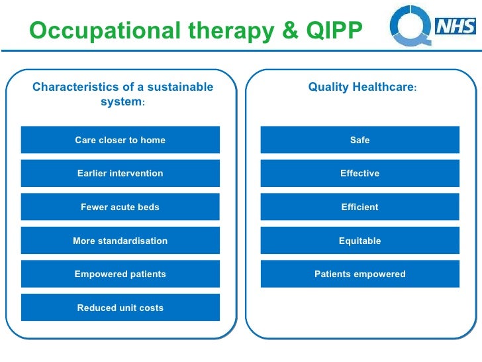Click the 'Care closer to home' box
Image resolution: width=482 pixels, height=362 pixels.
[x=120, y=140]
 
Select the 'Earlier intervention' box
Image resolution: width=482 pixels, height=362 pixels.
[x=120, y=173]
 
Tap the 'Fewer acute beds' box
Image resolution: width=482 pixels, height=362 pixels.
[x=120, y=207]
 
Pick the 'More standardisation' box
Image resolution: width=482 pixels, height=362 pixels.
[x=120, y=241]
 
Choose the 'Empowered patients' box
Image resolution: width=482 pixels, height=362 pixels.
[x=120, y=274]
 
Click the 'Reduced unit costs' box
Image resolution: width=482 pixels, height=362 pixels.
[x=120, y=308]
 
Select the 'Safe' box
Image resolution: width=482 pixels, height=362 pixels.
[x=360, y=140]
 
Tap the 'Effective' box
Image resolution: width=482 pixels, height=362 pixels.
[x=360, y=173]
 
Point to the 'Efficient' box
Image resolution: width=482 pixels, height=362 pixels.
[x=360, y=207]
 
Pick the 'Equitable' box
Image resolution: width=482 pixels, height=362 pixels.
[x=360, y=241]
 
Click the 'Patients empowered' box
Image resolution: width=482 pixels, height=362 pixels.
[x=360, y=274]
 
